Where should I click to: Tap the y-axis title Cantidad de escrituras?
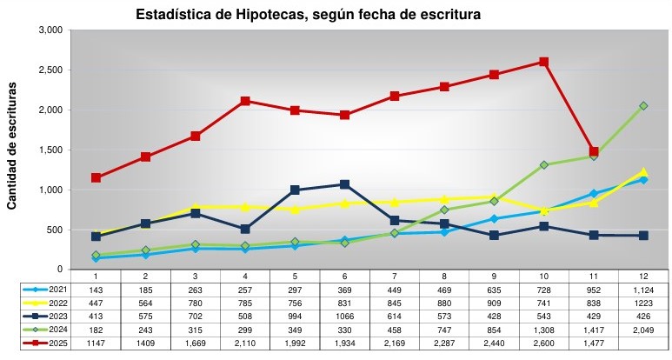click(12, 147)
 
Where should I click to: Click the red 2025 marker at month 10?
click(543, 62)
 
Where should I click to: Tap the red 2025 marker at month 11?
click(594, 151)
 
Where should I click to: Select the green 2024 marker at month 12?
click(643, 106)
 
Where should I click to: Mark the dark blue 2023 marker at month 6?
click(344, 184)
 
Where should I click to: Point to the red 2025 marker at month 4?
click(245, 101)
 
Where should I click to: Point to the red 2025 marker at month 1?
click(96, 177)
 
